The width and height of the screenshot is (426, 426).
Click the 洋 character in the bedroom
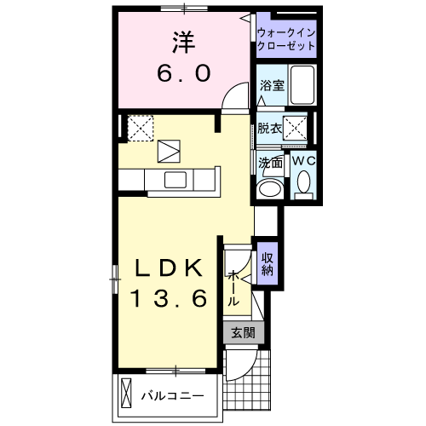pyautogui.click(x=181, y=40)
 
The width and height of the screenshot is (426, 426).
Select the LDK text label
pyautogui.click(x=168, y=268)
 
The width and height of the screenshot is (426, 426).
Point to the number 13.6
pyautogui.click(x=168, y=300)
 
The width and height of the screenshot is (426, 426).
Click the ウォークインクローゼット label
pyautogui.click(x=286, y=38)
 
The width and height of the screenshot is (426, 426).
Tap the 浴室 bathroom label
pyautogui.click(x=272, y=85)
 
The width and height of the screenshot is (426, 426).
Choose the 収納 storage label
pyautogui.click(x=267, y=265)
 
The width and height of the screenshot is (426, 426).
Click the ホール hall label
pyautogui.click(x=233, y=289)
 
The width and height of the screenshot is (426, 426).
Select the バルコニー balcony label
pyautogui.click(x=172, y=396)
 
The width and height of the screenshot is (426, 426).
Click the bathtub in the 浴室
pyautogui.click(x=302, y=86)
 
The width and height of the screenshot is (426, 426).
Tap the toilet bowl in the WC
pyautogui.click(x=303, y=182)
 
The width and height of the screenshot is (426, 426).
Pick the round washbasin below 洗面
pyautogui.click(x=273, y=187)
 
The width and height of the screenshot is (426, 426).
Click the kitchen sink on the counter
pyautogui.click(x=176, y=179)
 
